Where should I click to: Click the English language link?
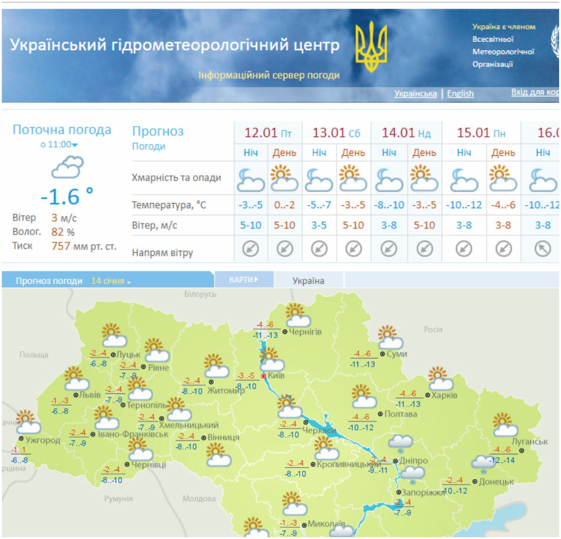click(x=460, y=94)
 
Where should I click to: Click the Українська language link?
click(x=415, y=94)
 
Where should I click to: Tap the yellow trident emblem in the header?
click(x=371, y=46)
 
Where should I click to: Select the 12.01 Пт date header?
click(x=268, y=133)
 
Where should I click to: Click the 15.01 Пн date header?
click(x=481, y=133)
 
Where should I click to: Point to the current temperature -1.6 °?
click(x=66, y=197)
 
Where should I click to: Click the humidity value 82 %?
click(x=63, y=232)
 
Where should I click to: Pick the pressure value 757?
click(x=61, y=246)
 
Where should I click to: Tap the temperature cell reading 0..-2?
click(x=284, y=205)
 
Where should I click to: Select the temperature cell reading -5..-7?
click(x=319, y=205)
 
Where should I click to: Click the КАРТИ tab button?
click(x=244, y=280)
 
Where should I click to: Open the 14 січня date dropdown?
click(x=111, y=281)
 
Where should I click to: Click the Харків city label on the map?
click(x=444, y=395)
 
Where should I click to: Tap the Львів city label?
click(x=90, y=395)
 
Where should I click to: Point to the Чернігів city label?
click(x=305, y=332)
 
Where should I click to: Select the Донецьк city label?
click(x=496, y=481)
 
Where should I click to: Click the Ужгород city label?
click(x=43, y=440)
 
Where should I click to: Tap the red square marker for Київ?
click(x=264, y=376)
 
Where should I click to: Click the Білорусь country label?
click(x=200, y=294)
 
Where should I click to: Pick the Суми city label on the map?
click(x=397, y=354)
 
